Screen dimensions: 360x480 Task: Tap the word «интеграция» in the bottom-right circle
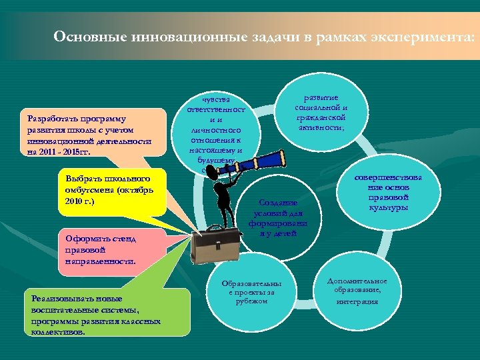[x=357, y=301]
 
